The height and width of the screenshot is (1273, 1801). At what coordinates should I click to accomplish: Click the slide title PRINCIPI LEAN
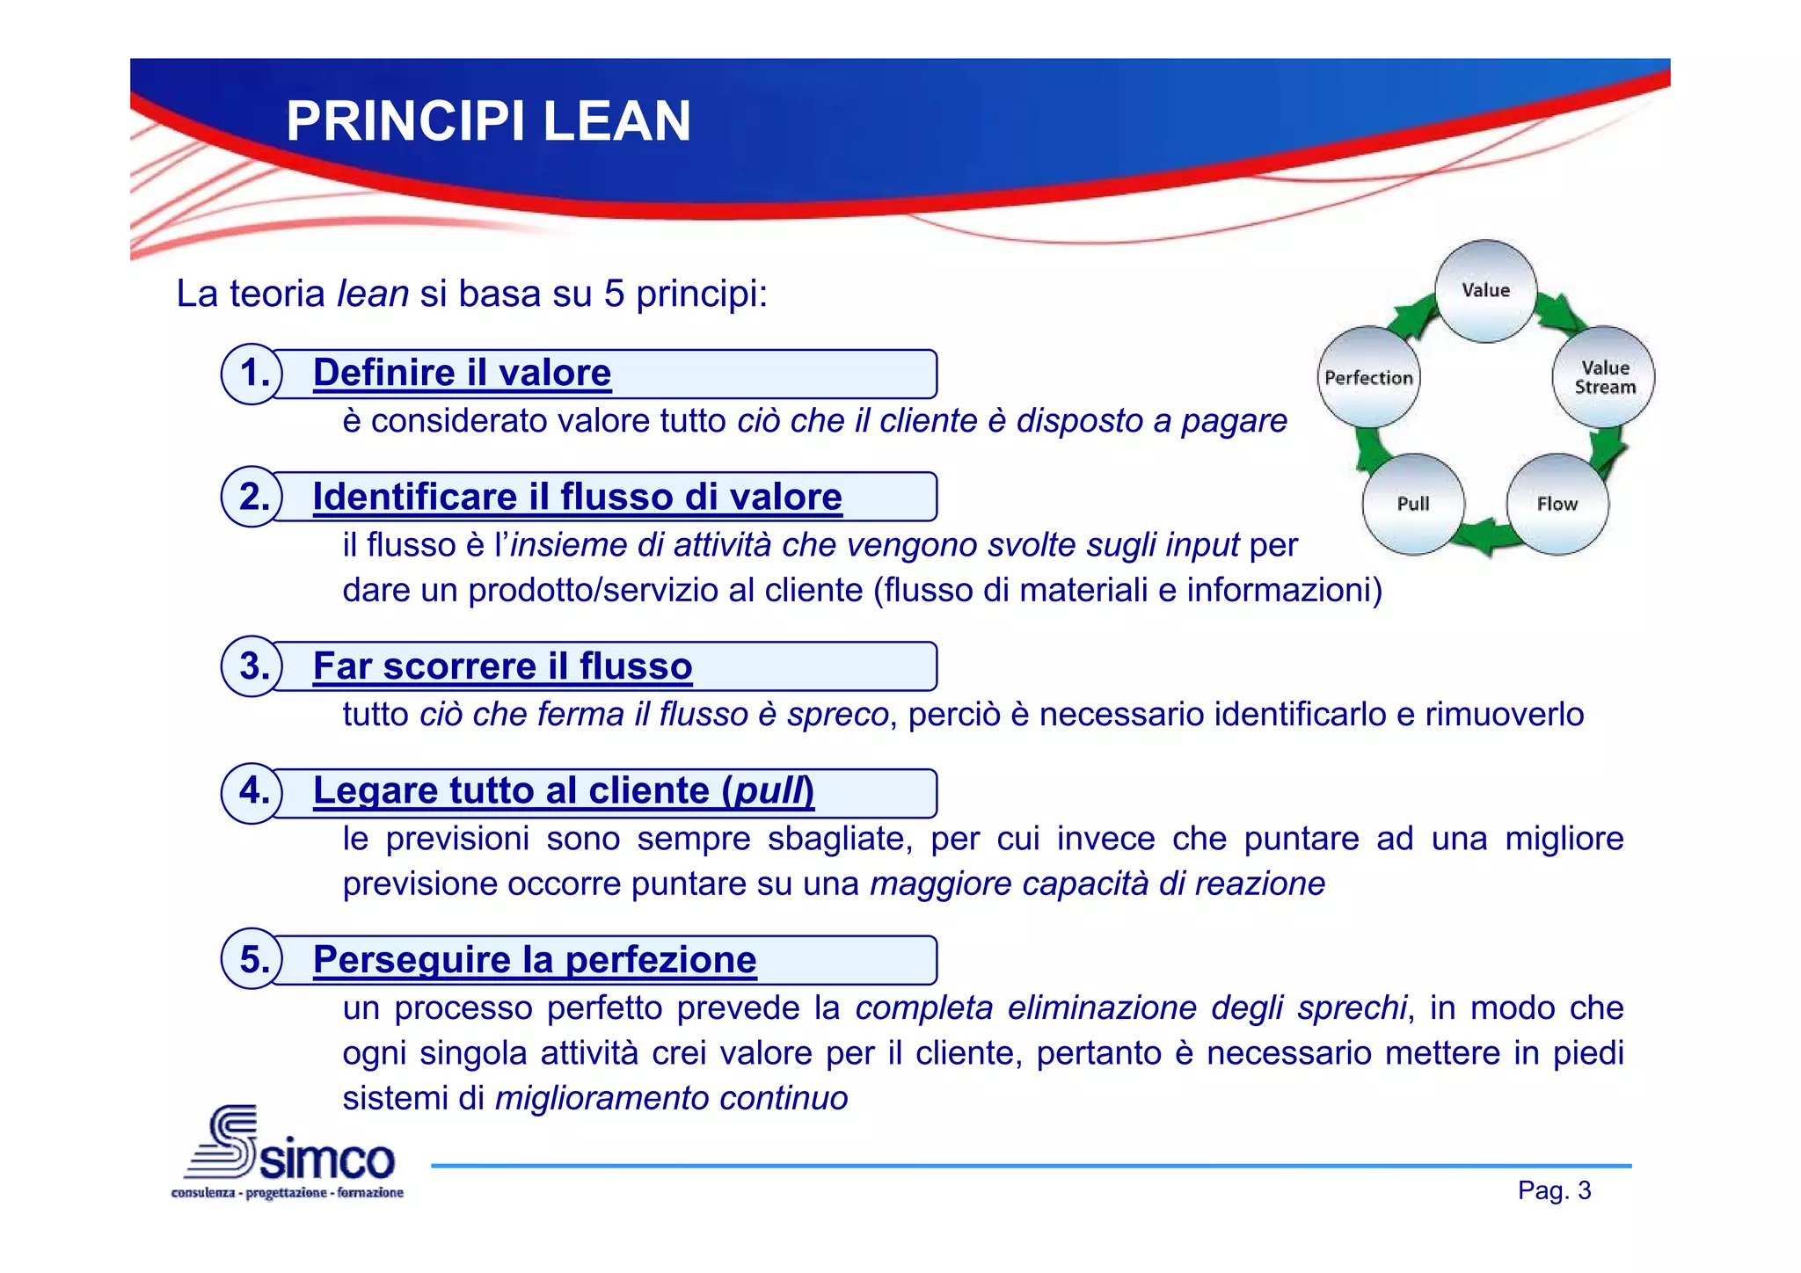pyautogui.click(x=488, y=121)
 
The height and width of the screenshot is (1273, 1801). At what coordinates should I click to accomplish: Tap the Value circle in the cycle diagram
pyautogui.click(x=1485, y=291)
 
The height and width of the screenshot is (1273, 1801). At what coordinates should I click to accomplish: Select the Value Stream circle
pyautogui.click(x=1604, y=377)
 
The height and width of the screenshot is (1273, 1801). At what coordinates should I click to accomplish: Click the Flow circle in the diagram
pyautogui.click(x=1557, y=504)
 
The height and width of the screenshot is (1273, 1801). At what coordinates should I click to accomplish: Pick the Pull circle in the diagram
pyautogui.click(x=1413, y=504)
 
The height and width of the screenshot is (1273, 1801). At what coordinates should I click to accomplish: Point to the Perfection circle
pyautogui.click(x=1368, y=377)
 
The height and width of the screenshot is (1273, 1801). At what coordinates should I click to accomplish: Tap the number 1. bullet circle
pyautogui.click(x=252, y=374)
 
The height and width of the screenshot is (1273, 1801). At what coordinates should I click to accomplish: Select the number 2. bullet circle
pyautogui.click(x=252, y=497)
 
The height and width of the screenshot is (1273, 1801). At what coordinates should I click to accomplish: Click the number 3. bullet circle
pyautogui.click(x=252, y=666)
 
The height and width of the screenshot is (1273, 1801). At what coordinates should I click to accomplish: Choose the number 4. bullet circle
pyautogui.click(x=252, y=792)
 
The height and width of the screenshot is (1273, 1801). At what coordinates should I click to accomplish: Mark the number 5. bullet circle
pyautogui.click(x=252, y=959)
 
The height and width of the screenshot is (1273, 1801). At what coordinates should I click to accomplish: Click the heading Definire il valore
pyautogui.click(x=462, y=373)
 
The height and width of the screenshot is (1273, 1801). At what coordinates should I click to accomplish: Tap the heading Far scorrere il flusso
pyautogui.click(x=502, y=666)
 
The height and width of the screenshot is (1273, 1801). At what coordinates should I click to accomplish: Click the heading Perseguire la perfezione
pyautogui.click(x=535, y=959)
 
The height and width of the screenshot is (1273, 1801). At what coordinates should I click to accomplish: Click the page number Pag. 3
pyautogui.click(x=1554, y=1190)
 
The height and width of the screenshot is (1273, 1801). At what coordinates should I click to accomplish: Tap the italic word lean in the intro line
pyautogui.click(x=373, y=294)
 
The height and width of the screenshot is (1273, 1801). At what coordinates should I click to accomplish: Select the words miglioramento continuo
pyautogui.click(x=671, y=1098)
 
